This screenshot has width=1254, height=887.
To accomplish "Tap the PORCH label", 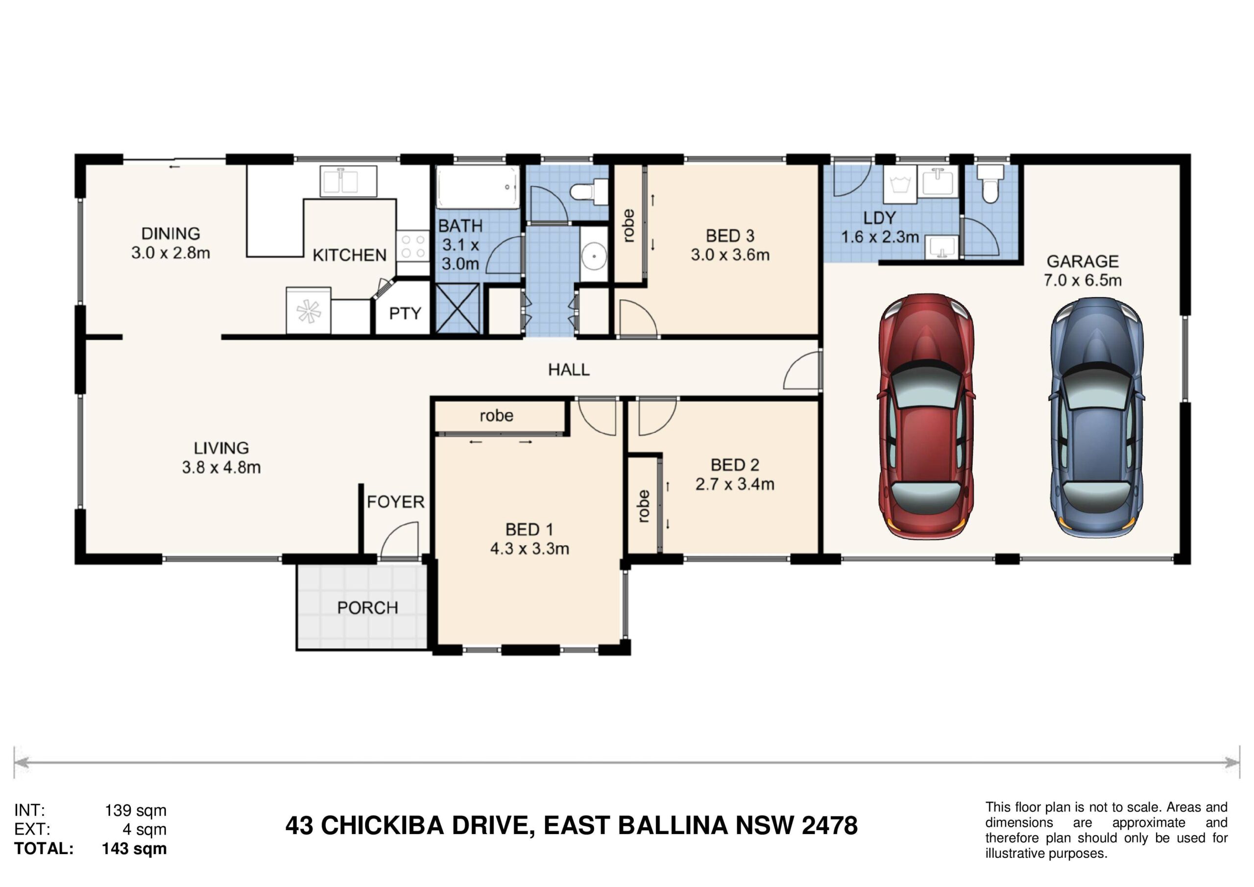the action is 367,607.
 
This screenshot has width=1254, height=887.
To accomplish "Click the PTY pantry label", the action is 405,313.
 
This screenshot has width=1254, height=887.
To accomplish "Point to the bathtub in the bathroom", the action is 477,187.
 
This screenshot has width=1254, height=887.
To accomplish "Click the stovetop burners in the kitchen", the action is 413,246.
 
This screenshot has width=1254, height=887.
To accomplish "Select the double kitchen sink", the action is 348,181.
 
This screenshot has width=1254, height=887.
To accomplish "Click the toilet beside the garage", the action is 989,183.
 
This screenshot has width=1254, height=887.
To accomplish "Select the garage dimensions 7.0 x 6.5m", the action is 1083,280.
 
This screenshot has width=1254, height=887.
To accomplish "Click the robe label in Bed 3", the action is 628,225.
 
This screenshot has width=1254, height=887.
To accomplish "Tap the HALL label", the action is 569,370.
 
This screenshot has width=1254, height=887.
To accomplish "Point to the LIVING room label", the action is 221,448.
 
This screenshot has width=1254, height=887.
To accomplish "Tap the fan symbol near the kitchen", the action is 308,310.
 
